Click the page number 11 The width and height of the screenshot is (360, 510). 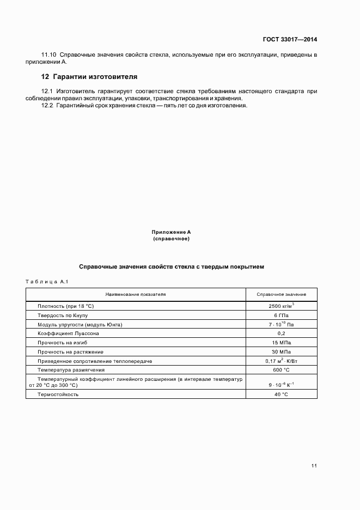click(314, 465)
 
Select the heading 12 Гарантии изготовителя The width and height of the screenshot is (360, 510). click(89, 76)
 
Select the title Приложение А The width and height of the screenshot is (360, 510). click(171, 232)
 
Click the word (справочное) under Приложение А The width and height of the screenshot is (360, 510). click(171, 239)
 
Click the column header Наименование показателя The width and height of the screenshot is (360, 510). click(136, 294)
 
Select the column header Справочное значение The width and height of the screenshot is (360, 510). click(281, 294)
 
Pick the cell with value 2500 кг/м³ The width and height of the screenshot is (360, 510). click(281, 306)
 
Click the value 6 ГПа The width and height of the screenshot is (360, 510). click(281, 315)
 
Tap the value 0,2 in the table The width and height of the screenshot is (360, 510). click(281, 333)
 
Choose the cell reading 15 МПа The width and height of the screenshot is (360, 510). click(281, 343)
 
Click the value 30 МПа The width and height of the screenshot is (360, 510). click(281, 352)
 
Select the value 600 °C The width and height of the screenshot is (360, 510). click(281, 370)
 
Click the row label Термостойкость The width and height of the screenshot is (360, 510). click(58, 394)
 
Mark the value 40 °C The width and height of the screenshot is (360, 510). click(281, 394)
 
